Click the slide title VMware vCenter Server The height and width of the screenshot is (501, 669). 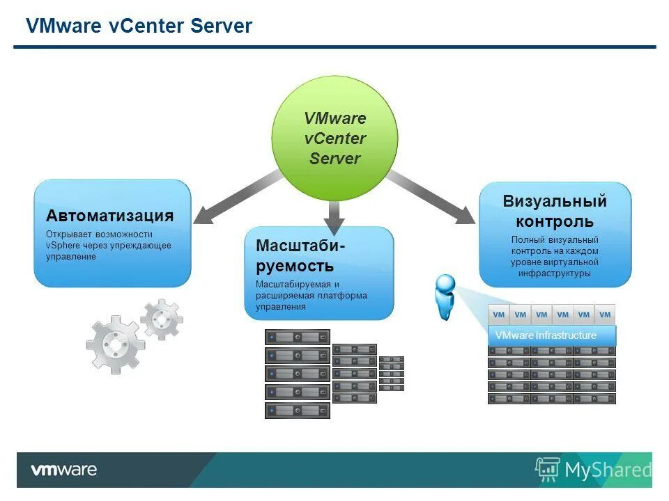139,26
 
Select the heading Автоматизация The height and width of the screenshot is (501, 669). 109,216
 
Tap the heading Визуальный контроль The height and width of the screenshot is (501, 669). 555,212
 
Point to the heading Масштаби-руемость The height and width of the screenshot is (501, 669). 300,255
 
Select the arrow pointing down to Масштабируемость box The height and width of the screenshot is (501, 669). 334,216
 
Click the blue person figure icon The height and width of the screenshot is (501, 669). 444,296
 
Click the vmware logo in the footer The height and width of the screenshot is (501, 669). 63,470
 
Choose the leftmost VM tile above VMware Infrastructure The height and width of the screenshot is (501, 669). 498,315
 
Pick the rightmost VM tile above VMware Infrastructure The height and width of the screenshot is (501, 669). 605,315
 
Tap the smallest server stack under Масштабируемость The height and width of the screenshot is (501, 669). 391,373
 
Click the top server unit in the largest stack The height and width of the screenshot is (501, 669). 297,337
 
